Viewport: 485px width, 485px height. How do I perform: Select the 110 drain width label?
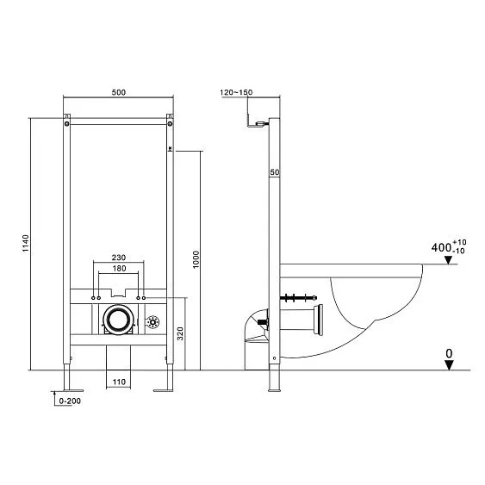click(117, 381)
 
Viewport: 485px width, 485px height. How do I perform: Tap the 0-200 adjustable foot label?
click(68, 401)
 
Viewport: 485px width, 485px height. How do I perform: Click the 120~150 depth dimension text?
click(236, 92)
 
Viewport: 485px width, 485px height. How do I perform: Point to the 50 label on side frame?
click(275, 173)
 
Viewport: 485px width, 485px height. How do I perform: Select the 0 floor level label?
click(448, 352)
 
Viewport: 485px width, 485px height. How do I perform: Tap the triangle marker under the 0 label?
click(448, 364)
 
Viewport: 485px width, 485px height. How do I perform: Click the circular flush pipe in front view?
click(117, 320)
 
